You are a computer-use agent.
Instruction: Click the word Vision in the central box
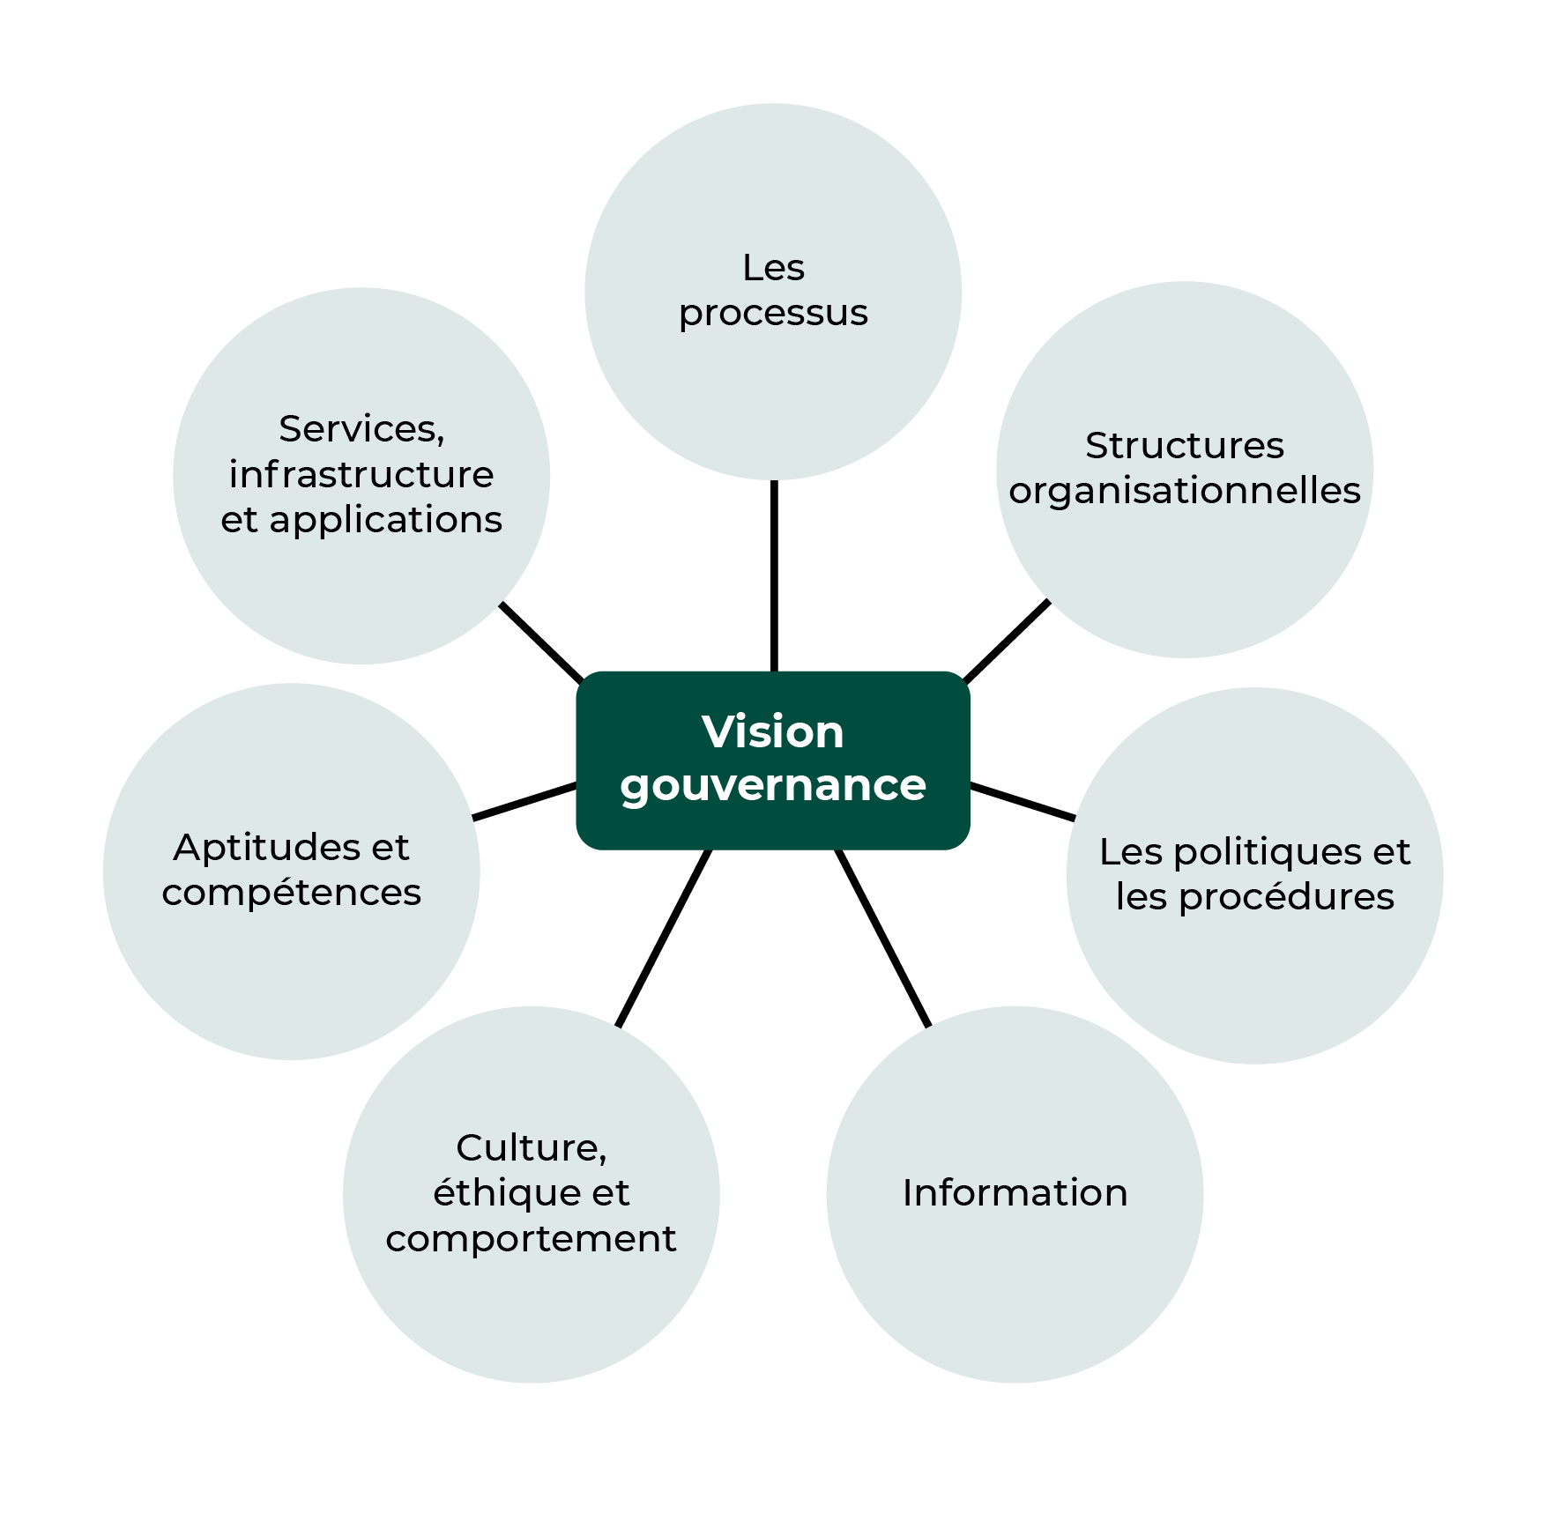[x=772, y=732]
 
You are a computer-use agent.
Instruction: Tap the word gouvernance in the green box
[x=772, y=785]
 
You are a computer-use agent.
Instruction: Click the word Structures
[x=1184, y=446]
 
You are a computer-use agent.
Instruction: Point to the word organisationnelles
[x=1184, y=492]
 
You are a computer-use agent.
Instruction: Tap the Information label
[x=1015, y=1193]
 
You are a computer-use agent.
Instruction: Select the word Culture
[x=529, y=1148]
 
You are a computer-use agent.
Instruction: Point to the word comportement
[x=531, y=1239]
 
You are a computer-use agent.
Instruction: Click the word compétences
[x=291, y=894]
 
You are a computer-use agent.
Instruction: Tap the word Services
[x=360, y=430]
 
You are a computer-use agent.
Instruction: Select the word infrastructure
[x=361, y=475]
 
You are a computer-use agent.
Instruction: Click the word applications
[x=385, y=521]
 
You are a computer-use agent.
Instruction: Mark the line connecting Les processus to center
[x=774, y=576]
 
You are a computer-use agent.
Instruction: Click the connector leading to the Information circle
[x=882, y=938]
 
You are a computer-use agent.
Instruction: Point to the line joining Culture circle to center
[x=664, y=938]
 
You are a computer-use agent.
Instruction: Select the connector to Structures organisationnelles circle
[x=1007, y=642]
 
